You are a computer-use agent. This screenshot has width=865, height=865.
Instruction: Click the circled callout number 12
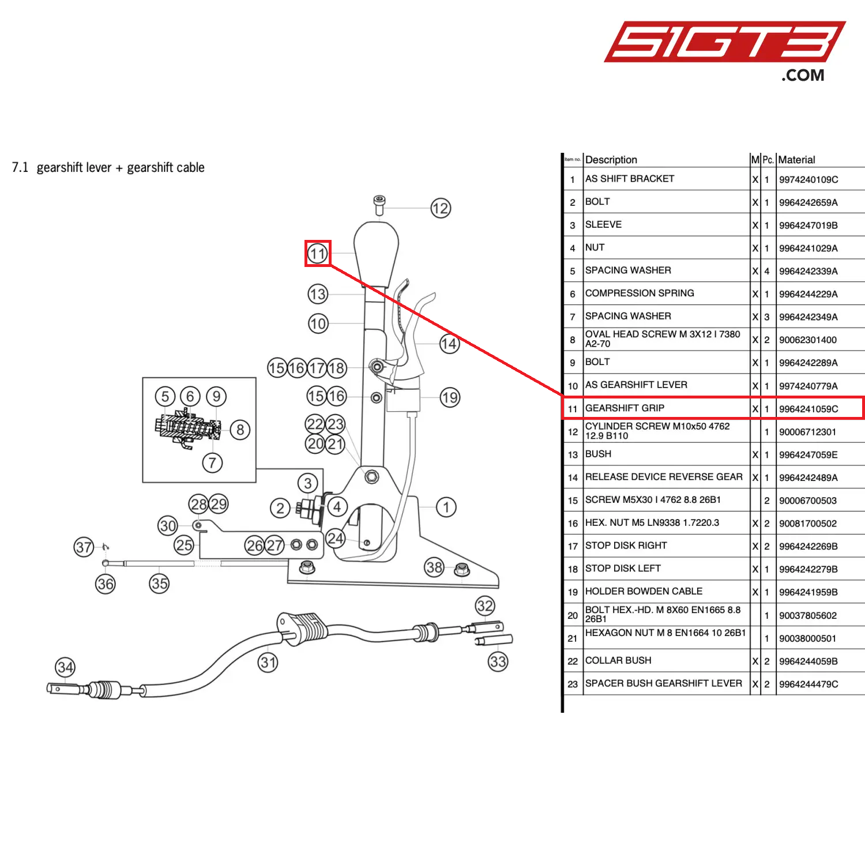click(441, 208)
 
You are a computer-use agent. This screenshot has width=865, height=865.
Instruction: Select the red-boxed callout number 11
click(318, 254)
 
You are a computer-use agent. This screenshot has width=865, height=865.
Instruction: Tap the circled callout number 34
click(65, 668)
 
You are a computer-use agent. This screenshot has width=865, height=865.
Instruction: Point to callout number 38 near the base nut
click(435, 567)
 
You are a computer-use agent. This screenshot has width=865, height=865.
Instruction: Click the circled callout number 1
click(446, 507)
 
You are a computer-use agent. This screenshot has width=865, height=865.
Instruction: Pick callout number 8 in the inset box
click(240, 430)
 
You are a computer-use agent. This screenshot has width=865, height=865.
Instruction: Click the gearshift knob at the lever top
click(376, 253)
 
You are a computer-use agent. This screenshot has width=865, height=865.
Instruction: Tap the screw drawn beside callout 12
click(379, 205)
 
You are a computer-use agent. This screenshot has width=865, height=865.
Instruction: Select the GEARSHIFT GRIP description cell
click(625, 408)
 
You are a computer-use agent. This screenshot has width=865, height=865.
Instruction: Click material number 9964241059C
click(808, 409)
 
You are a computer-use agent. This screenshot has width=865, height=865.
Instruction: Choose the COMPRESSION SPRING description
click(640, 293)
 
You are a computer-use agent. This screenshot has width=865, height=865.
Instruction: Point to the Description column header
click(611, 160)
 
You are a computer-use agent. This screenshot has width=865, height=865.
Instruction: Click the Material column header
click(796, 160)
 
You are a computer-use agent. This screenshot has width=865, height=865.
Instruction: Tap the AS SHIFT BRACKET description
click(630, 179)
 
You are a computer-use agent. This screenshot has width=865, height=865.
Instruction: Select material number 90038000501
click(807, 638)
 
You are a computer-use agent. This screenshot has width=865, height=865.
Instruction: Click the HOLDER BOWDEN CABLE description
click(644, 591)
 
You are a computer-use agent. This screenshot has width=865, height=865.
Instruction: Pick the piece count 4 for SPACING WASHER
click(767, 271)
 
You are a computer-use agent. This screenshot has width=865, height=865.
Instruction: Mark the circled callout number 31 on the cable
click(268, 662)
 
